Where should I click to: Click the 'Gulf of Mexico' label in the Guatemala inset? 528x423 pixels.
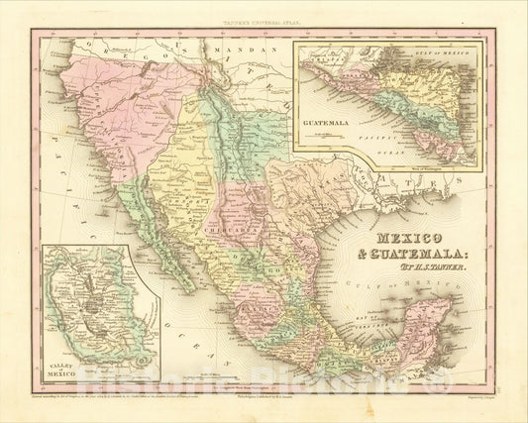[444, 53]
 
